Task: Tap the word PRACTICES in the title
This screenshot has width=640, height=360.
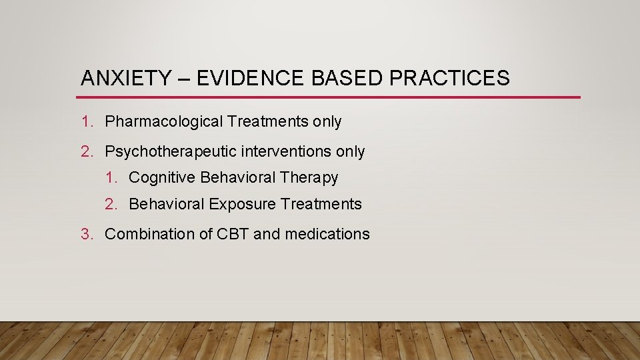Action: [x=449, y=79]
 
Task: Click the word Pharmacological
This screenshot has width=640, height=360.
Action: [x=164, y=122]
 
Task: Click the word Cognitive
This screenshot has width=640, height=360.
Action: [x=162, y=178]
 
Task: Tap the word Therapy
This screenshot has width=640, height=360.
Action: [x=309, y=178]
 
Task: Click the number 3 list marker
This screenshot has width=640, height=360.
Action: [x=86, y=234]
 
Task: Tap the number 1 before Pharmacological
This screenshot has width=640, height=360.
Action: [x=86, y=122]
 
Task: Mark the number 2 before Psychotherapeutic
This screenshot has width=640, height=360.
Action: [x=86, y=152]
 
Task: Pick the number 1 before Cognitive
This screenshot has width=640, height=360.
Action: [x=110, y=178]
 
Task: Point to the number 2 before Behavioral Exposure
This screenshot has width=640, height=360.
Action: [x=110, y=205]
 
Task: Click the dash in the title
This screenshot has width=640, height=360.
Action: [x=183, y=79]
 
